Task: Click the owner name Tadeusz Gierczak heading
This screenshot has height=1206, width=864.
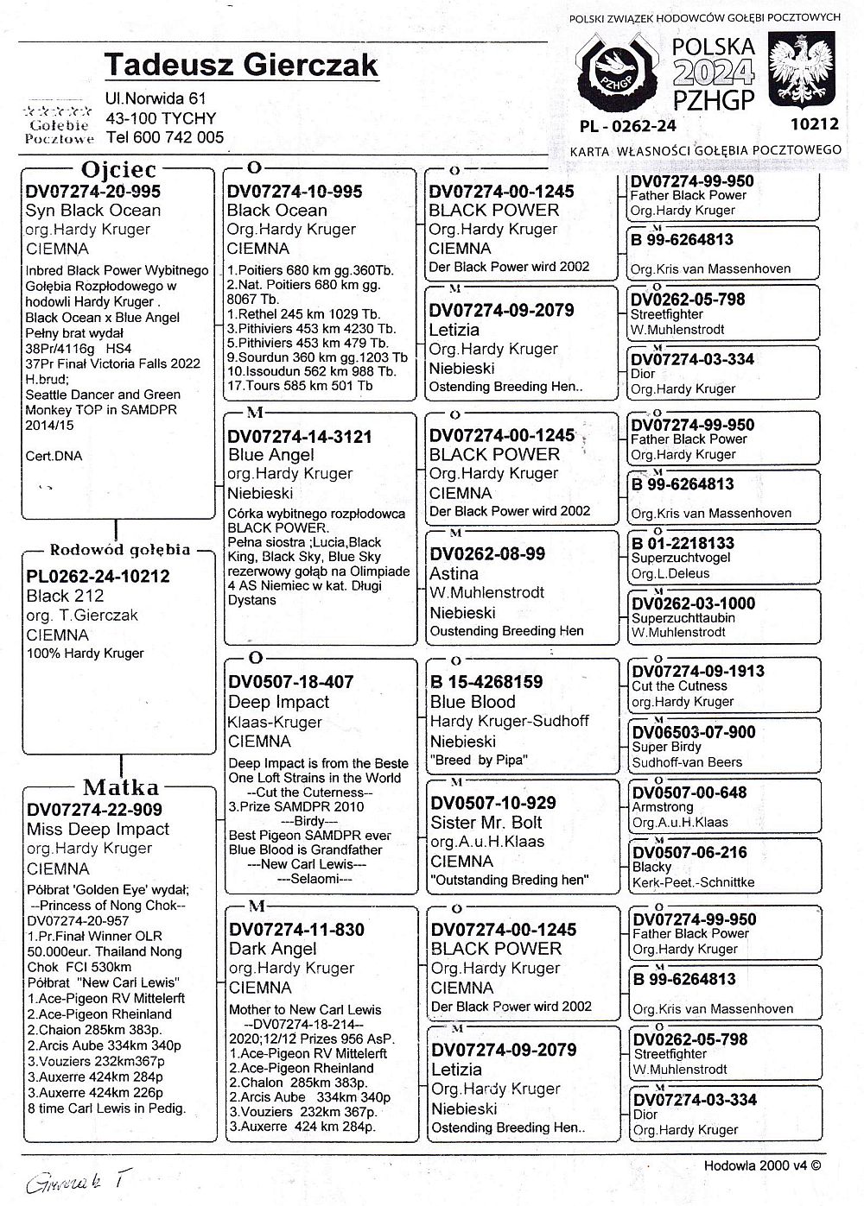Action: [241, 66]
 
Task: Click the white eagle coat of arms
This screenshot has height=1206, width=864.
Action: [803, 73]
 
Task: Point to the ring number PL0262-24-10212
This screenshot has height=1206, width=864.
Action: [98, 577]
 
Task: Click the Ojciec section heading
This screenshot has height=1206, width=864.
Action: [118, 169]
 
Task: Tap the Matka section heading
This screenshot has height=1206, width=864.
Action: [121, 787]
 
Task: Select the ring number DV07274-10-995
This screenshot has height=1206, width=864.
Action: [295, 192]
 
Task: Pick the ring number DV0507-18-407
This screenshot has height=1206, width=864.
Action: [290, 682]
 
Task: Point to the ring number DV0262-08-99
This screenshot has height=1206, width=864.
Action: [487, 554]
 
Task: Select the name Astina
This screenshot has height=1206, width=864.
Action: [454, 573]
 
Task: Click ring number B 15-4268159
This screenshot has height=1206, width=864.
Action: [486, 682]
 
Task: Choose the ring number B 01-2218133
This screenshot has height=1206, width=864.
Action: [683, 544]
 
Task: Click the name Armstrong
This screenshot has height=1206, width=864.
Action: [663, 807]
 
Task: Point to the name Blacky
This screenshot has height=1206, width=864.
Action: [651, 867]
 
